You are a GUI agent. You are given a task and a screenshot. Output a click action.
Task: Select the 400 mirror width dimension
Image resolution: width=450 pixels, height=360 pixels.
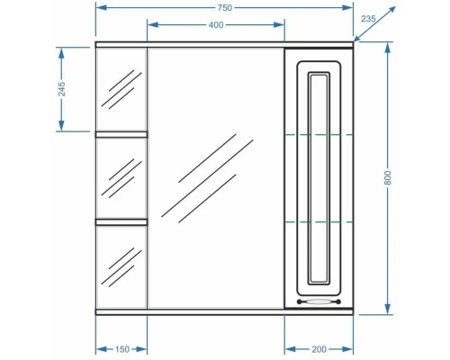click(x=215, y=24)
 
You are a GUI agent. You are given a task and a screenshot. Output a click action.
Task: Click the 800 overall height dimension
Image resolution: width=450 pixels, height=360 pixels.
click(x=388, y=178)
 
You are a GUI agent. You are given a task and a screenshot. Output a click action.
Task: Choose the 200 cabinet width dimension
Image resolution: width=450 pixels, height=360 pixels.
click(x=319, y=347)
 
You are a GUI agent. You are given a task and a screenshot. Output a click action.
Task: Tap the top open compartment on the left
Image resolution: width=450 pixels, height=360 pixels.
click(x=121, y=90)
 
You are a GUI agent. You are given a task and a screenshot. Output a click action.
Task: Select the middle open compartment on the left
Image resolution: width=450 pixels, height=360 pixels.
click(x=121, y=177)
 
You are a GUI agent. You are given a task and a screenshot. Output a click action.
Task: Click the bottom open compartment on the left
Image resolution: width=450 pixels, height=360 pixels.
click(x=121, y=265)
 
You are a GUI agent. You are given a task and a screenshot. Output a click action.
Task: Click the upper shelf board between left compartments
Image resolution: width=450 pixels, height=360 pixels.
click(x=121, y=134)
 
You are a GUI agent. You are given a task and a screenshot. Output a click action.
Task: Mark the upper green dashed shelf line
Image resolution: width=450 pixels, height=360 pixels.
click(x=319, y=134)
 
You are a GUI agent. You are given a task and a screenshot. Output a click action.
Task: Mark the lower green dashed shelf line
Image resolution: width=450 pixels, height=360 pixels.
click(x=319, y=221)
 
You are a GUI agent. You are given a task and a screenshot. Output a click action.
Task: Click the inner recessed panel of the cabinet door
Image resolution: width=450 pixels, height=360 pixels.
click(x=319, y=175)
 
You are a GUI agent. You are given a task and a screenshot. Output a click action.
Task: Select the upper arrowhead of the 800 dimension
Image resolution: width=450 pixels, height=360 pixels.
click(x=388, y=47)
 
